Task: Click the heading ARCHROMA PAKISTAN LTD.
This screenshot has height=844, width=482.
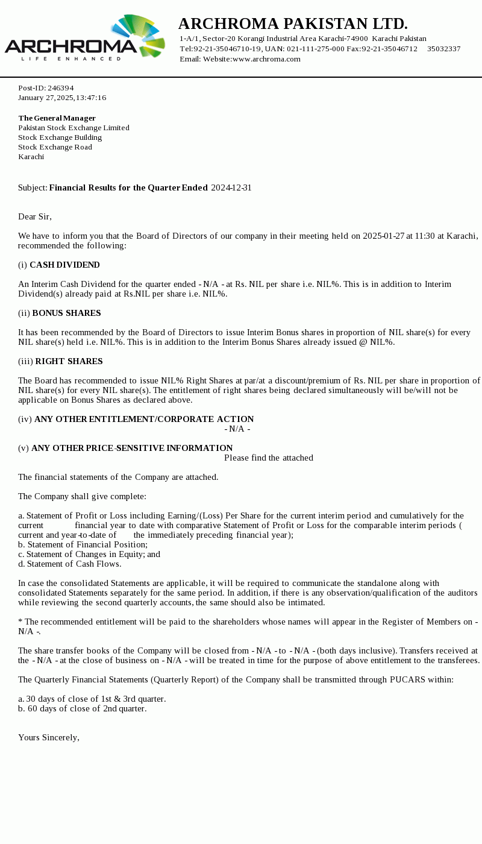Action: [x=293, y=24]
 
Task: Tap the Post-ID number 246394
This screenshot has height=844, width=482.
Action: [x=60, y=88]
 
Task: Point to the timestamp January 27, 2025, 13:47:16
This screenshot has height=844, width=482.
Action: [x=62, y=98]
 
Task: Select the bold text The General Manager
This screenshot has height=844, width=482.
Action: [x=57, y=118]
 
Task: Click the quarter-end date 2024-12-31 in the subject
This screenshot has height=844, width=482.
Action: [x=231, y=188]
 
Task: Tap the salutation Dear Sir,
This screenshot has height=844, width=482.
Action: [x=35, y=217]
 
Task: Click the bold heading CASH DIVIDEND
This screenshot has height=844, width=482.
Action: [x=64, y=265]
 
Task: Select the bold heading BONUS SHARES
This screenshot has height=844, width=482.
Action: [x=66, y=313]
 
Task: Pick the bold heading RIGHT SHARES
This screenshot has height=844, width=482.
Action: [x=69, y=362]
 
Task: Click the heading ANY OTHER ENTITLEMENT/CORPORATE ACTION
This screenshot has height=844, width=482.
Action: [x=144, y=420]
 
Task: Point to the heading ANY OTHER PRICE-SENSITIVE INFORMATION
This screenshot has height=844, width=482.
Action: [x=132, y=449]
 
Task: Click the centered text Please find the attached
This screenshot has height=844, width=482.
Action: [x=269, y=458]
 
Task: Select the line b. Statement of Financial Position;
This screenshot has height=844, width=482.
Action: [x=83, y=545]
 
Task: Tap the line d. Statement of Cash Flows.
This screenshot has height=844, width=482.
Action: [x=69, y=564]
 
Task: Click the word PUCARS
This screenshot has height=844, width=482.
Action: [x=408, y=680]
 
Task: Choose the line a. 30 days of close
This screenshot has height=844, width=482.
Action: [x=92, y=699]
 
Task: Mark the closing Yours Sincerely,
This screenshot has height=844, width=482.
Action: [x=49, y=738]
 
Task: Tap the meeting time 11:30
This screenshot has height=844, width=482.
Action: [x=425, y=236]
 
